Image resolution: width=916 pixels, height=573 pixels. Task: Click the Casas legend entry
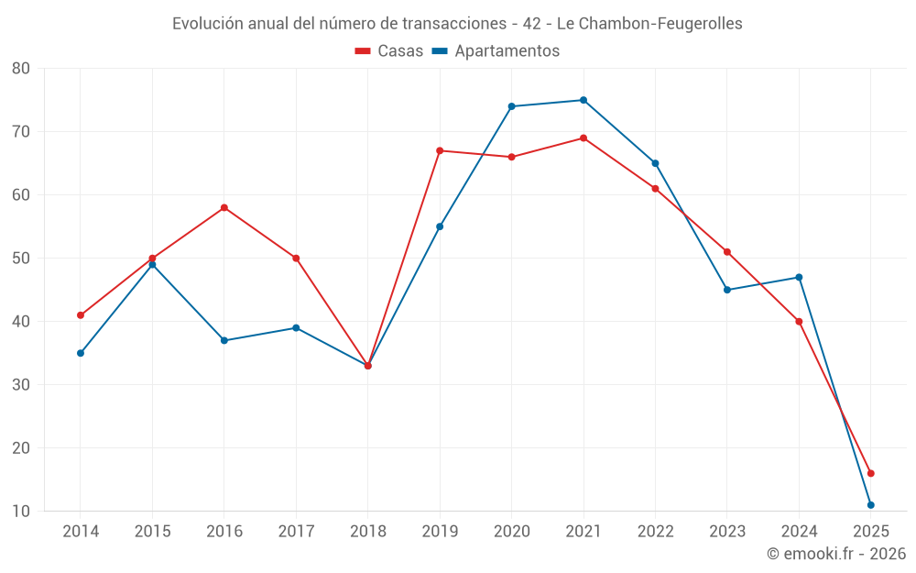point(389,51)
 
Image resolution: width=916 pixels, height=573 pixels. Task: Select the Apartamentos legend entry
point(496,51)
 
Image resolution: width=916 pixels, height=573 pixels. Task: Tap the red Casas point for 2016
point(224,208)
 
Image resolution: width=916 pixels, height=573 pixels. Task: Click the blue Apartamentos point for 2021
point(583,100)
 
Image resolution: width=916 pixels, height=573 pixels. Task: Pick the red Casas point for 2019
point(440,150)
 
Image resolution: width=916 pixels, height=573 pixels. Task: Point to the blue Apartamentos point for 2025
point(871,505)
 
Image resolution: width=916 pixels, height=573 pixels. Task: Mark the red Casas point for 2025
point(871,473)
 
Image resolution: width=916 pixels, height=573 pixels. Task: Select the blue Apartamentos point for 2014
point(81,353)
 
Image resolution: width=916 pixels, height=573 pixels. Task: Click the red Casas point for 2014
point(81,315)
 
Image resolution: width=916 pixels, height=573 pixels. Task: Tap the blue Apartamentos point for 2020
point(511,106)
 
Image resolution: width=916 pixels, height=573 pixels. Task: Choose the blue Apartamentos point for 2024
point(799,277)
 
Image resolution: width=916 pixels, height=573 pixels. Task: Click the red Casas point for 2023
point(727,252)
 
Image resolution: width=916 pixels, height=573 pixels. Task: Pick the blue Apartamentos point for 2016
point(224,340)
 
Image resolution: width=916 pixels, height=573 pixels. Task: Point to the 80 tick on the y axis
point(21,69)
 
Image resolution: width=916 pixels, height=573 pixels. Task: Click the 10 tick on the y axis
point(21,512)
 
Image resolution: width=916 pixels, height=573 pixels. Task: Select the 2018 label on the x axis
point(367,532)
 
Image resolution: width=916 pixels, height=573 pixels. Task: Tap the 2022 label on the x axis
point(655,532)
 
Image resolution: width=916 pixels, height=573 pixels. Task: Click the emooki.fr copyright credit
point(836,554)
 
